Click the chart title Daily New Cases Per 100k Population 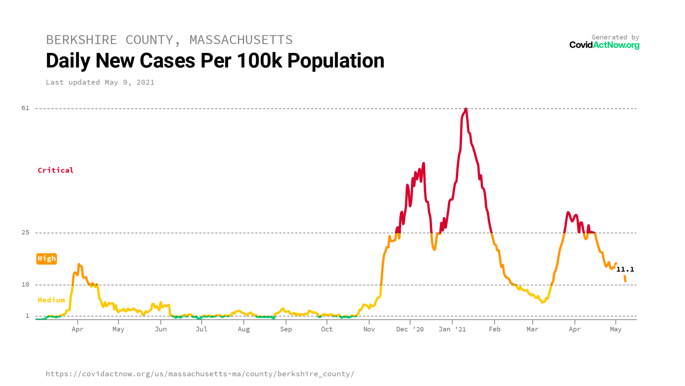215,61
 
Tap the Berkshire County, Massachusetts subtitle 169,40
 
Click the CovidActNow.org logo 604,45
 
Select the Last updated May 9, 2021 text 100,82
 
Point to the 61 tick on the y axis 25,108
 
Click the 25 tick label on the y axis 25,232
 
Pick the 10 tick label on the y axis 25,284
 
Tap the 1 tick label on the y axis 27,316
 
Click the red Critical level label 56,170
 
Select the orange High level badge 47,258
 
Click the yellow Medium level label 51,300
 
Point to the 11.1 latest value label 625,269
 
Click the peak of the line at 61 466,109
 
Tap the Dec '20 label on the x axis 410,329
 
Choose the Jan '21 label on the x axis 452,329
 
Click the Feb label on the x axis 494,329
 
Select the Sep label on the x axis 286,329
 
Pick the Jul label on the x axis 201,329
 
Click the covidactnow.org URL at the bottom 200,374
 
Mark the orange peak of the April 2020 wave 79,264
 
